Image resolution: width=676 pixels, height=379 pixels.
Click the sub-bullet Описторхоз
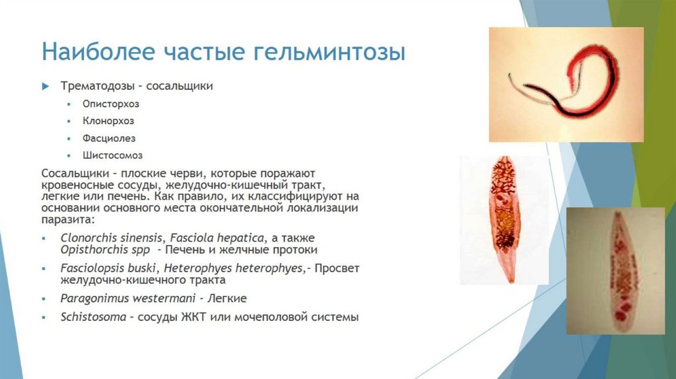(111, 104)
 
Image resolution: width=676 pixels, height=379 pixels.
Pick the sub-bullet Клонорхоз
(108, 121)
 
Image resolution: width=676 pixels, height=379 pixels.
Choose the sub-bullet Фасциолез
(109, 138)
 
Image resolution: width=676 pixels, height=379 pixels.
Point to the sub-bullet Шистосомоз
(112, 155)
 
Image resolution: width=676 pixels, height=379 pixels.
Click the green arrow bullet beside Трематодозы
(46, 86)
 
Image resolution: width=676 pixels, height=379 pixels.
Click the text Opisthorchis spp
(110, 250)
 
